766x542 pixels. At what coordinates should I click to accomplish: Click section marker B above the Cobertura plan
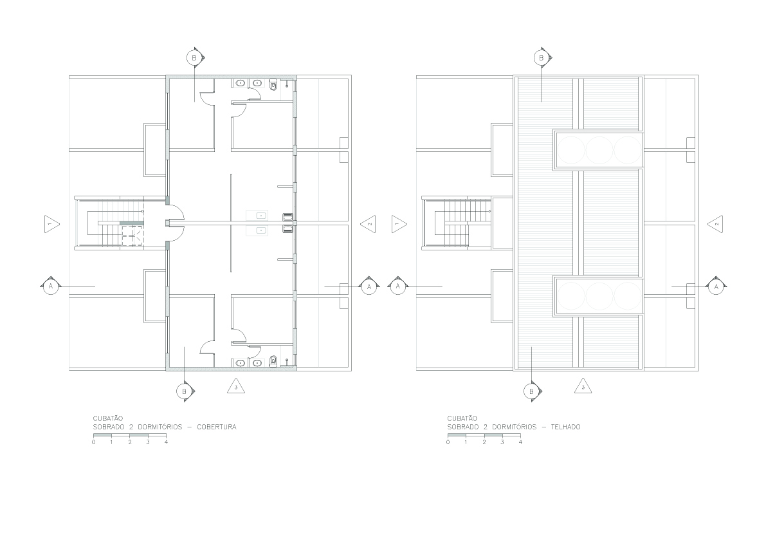click(x=194, y=58)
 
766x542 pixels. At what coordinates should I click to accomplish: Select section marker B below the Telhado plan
click(x=531, y=391)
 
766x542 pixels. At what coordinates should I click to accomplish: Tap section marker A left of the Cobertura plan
click(x=50, y=286)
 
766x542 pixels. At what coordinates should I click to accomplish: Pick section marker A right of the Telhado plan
click(x=716, y=286)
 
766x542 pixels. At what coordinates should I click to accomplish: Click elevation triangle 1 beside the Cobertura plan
click(x=51, y=224)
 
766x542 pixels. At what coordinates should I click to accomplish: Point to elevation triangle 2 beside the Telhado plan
click(x=715, y=224)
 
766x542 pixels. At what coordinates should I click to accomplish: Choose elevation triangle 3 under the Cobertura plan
click(x=237, y=387)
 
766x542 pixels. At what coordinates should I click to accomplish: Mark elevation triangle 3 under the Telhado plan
click(x=583, y=387)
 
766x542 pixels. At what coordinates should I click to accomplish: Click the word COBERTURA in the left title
click(x=216, y=427)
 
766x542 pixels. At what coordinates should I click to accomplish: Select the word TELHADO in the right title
click(x=566, y=427)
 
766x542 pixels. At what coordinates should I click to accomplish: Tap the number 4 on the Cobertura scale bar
click(x=166, y=442)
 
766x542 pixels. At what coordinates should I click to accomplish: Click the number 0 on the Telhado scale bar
click(x=448, y=442)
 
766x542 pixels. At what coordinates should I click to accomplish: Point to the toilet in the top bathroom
click(x=273, y=85)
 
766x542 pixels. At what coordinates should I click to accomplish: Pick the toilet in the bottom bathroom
click(x=273, y=361)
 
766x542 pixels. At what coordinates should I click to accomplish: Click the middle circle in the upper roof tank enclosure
click(x=599, y=149)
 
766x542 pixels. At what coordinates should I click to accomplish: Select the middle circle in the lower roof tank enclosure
click(x=599, y=296)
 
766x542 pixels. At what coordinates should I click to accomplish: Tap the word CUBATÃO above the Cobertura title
click(x=108, y=418)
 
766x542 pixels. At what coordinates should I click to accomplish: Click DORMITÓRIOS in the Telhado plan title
click(x=514, y=427)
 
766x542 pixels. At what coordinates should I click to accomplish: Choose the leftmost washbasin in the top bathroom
click(x=240, y=84)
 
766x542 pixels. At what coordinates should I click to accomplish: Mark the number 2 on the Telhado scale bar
click(x=484, y=442)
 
